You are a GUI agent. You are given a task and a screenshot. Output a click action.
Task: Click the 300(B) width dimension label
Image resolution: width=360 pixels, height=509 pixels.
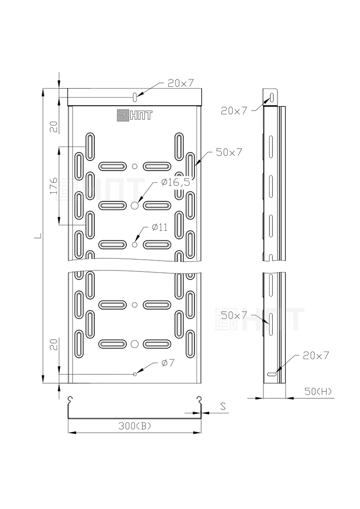pyautogui.click(x=135, y=426)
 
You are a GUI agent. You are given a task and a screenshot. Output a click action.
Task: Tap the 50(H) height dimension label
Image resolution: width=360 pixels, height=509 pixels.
pyautogui.click(x=319, y=392)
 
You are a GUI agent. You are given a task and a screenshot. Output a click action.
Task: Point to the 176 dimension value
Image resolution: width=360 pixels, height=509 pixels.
pyautogui.click(x=54, y=185)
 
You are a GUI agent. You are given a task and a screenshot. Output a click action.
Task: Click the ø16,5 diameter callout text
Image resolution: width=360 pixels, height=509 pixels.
pyautogui.click(x=176, y=182)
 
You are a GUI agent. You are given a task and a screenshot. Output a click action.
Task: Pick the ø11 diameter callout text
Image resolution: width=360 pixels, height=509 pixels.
pyautogui.click(x=160, y=227)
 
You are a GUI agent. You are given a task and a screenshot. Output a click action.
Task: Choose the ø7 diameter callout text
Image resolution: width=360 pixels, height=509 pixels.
pyautogui.click(x=168, y=362)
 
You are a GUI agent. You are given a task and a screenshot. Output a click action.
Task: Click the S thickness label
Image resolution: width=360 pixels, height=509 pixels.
pyautogui.click(x=223, y=406)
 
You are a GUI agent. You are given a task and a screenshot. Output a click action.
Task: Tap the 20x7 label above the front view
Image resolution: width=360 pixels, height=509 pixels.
pyautogui.click(x=180, y=83)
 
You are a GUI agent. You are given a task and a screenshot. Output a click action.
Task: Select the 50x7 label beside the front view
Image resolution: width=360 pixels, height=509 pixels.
pyautogui.click(x=229, y=152)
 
